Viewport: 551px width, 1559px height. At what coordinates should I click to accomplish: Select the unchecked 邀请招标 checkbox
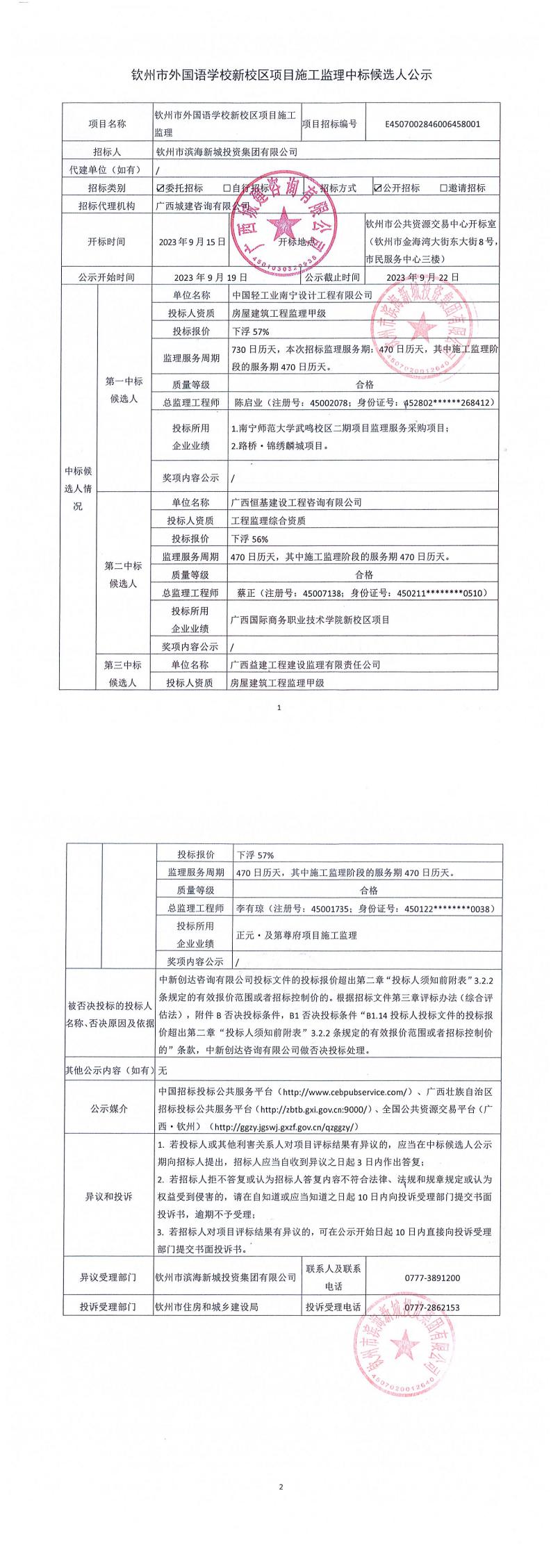click(x=443, y=188)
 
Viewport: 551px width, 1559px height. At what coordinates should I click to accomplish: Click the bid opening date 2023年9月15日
click(x=192, y=242)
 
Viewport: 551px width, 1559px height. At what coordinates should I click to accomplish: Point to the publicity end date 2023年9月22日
click(x=422, y=277)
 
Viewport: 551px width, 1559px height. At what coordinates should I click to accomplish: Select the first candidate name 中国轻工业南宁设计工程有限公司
click(x=302, y=295)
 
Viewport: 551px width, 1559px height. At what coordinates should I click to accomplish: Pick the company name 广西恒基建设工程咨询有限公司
click(x=296, y=502)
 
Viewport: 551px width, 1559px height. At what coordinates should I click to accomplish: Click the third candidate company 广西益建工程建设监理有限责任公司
click(x=305, y=665)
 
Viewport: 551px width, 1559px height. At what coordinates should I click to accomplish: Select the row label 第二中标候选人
click(x=123, y=575)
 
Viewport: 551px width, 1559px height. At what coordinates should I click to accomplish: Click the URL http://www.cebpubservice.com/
click(x=346, y=1091)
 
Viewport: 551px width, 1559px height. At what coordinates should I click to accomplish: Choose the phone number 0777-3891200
click(x=431, y=1278)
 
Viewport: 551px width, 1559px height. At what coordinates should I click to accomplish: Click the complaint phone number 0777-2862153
click(x=431, y=1307)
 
